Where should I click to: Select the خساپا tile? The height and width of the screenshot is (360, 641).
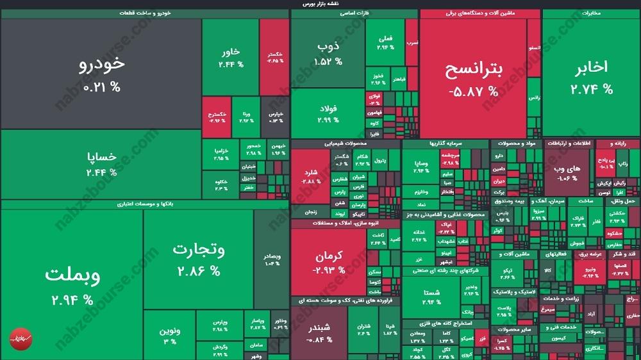tap(101, 163)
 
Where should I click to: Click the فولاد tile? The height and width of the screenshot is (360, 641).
tap(328, 113)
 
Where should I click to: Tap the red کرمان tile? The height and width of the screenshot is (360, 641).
tap(329, 262)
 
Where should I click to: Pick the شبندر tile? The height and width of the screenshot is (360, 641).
tap(319, 332)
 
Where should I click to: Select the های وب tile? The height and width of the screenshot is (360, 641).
tap(567, 172)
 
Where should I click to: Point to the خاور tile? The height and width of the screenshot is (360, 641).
tap(231, 58)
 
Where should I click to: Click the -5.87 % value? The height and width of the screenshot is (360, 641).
tap(473, 92)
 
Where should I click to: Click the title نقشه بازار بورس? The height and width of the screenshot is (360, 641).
tap(320, 4)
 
